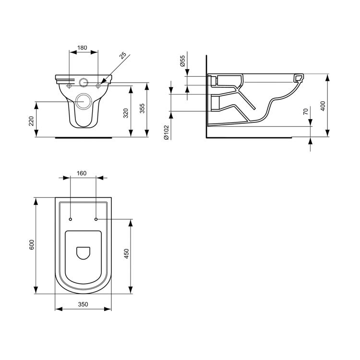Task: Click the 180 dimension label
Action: pos(82,48)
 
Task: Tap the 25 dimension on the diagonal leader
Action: pos(123,55)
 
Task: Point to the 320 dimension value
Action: pos(126,114)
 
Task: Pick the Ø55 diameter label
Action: pos(182,61)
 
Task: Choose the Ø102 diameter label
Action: pos(166,132)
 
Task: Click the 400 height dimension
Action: pos(323,106)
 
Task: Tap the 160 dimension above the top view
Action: pos(82,173)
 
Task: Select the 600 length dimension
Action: pos(31,245)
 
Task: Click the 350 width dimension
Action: pos(84,304)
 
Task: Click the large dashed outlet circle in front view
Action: pos(84,101)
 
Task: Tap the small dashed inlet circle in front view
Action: pos(84,83)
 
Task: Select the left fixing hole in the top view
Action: pos(71,219)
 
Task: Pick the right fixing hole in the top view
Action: pos(96,219)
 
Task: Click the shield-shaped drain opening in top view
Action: pos(84,252)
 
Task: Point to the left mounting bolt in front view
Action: pos(70,86)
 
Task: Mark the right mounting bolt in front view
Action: pos(98,86)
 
